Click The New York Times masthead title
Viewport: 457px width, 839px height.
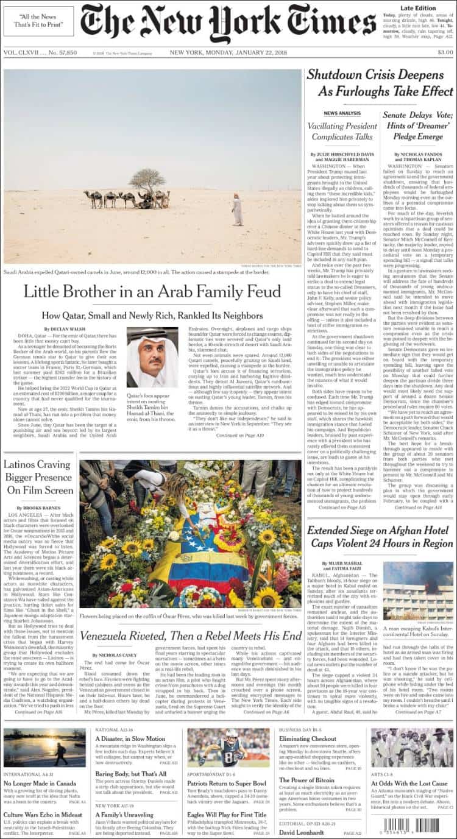pyautogui.click(x=228, y=24)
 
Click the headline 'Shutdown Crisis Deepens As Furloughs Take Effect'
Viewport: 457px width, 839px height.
pyautogui.click(x=380, y=83)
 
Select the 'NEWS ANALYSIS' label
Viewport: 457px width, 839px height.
pyautogui.click(x=342, y=113)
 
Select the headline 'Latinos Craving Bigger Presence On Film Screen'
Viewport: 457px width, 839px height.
pyautogui.click(x=38, y=477)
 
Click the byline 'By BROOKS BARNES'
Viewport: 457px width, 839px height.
pyautogui.click(x=38, y=508)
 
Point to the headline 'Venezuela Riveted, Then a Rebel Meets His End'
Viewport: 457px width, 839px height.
pyautogui.click(x=191, y=635)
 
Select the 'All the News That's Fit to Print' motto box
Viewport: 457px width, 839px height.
pyautogui.click(x=38, y=21)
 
